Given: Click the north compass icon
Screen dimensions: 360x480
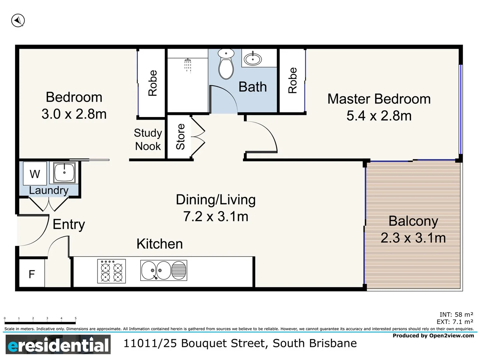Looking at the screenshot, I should point(18,21).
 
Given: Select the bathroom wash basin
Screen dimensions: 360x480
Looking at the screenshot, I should point(253,59).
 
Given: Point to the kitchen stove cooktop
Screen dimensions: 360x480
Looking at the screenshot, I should point(111,271).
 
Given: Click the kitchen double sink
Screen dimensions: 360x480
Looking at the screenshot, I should point(163,270).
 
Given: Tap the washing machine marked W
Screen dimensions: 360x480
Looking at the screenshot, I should point(35,174).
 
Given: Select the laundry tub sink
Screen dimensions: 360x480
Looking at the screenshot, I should point(64,173).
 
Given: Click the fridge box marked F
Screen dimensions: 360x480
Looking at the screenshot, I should point(32,274).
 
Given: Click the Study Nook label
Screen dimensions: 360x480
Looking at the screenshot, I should point(148,140).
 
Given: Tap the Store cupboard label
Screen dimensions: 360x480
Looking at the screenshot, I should point(180,137).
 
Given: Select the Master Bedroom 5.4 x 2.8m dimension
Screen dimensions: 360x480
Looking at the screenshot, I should point(379,116).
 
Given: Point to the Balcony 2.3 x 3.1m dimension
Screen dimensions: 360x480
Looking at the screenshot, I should point(413,238).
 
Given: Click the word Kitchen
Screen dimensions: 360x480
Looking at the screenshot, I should point(160,244).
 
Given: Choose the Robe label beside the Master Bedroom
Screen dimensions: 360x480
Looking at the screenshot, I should point(292,80).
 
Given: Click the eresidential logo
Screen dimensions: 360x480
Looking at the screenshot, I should point(58,345).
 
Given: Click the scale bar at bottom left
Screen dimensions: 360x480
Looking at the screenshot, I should point(40,322).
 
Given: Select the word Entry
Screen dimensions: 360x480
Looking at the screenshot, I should point(69,225).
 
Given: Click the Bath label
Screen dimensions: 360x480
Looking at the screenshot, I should point(253,87).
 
